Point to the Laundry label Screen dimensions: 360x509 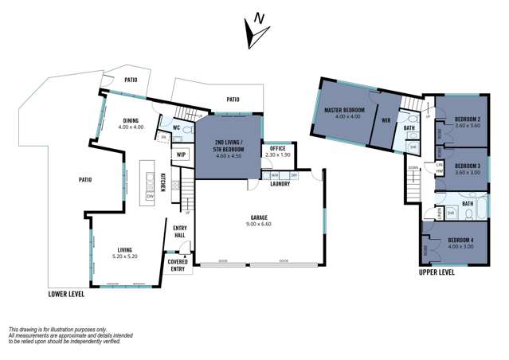(x=280, y=184)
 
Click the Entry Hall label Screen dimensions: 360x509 (x=180, y=232)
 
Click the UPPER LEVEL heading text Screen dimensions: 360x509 (x=437, y=272)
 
